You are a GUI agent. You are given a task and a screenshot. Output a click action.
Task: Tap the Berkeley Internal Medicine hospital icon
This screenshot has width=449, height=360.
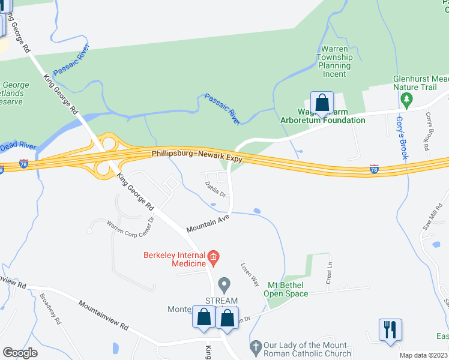pyautogui.click(x=213, y=259)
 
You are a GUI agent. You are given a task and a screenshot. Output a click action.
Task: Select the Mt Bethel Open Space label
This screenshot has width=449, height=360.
pyautogui.click(x=288, y=289)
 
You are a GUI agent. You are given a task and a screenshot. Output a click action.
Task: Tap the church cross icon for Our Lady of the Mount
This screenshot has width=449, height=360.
pyautogui.click(x=255, y=346)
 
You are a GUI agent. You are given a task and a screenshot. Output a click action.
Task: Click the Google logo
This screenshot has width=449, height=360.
pyautogui.click(x=20, y=353)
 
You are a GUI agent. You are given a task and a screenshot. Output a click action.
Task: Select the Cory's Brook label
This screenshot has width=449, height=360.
pyautogui.click(x=402, y=137)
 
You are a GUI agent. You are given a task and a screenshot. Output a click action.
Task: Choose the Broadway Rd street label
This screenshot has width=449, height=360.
pyautogui.click(x=50, y=308)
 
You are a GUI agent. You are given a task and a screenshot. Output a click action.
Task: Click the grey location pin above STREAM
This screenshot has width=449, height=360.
pyautogui.click(x=224, y=283)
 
